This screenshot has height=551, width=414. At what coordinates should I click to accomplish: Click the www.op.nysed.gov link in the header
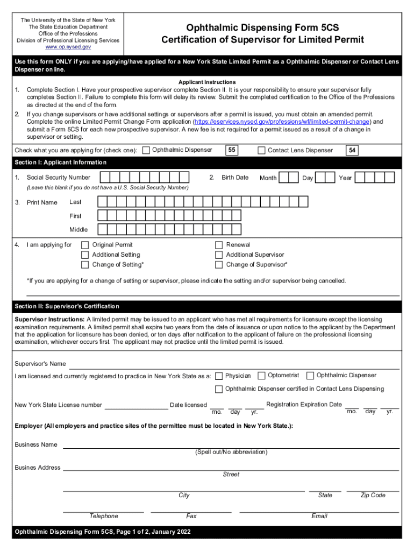tap(68, 47)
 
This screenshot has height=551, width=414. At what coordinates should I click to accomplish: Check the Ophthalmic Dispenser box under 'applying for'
tap(146, 151)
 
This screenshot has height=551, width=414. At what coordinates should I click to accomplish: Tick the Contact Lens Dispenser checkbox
tap(262, 151)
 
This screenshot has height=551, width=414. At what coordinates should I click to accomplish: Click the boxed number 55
tap(232, 150)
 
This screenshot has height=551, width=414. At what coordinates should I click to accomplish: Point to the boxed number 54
tap(352, 151)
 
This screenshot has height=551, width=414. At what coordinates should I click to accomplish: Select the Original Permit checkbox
tap(85, 245)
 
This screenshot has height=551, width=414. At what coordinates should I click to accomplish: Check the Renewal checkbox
tap(219, 245)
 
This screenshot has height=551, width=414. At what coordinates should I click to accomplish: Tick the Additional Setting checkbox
tap(85, 255)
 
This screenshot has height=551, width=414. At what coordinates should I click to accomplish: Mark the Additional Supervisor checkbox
tap(219, 255)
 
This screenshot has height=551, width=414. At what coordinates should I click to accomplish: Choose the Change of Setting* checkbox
tap(85, 265)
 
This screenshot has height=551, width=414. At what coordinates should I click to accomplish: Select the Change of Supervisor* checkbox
tap(219, 265)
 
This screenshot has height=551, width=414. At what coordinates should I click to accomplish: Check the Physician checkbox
tap(219, 376)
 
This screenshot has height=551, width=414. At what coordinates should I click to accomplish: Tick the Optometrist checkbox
tap(261, 376)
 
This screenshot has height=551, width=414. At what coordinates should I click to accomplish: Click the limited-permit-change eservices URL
tap(283, 122)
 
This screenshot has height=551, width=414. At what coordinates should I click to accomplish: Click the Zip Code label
tap(373, 496)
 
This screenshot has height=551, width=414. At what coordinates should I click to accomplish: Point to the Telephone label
tap(104, 517)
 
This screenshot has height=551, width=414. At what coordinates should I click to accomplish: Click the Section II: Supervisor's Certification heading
tap(67, 307)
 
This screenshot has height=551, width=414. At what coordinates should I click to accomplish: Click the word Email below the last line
tap(319, 517)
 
